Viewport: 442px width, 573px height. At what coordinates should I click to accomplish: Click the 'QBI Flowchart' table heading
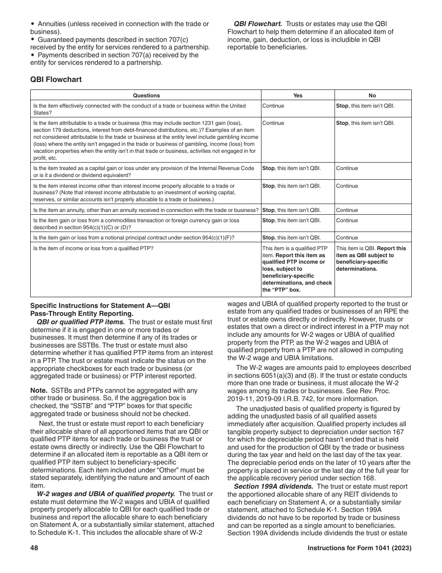[x=56, y=80]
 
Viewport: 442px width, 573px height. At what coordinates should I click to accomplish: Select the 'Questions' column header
[x=146, y=95]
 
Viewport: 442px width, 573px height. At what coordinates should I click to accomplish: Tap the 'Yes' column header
[x=298, y=95]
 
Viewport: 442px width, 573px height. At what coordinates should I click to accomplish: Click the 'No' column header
[x=372, y=95]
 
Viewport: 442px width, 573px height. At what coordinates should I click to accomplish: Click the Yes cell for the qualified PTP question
[x=297, y=269]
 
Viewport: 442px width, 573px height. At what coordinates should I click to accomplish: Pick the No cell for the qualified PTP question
[x=371, y=259]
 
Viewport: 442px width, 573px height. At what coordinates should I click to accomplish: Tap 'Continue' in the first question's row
[x=273, y=106]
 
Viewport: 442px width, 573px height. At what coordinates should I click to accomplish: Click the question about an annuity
[x=146, y=210]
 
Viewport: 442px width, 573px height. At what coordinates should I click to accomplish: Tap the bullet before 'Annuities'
[x=33, y=24]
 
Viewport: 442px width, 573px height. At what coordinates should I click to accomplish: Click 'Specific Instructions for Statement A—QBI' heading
[x=100, y=306]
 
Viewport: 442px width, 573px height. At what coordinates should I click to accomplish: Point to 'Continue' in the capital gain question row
[x=347, y=168]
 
